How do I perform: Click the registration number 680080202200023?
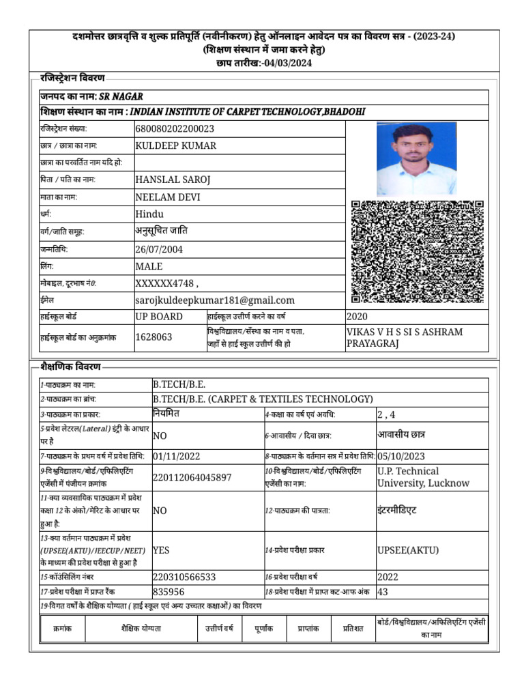click(175, 128)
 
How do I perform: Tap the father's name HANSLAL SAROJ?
click(173, 180)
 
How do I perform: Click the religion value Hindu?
click(150, 214)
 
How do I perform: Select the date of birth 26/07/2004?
click(159, 249)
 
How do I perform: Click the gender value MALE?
click(149, 266)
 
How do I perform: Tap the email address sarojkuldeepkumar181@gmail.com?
click(215, 300)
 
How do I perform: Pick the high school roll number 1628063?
click(154, 337)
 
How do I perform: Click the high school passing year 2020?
click(357, 317)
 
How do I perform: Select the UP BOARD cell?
click(159, 317)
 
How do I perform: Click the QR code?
click(418, 252)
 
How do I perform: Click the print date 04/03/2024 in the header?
click(286, 63)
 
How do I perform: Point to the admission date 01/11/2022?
click(177, 456)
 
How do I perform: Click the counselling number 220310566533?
click(184, 577)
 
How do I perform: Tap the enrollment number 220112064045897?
click(192, 477)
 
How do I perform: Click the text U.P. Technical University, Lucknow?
click(423, 477)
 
